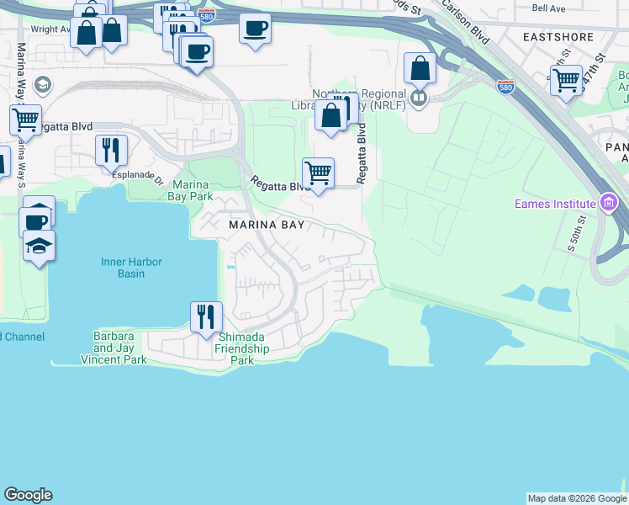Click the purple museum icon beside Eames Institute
tap(609, 202)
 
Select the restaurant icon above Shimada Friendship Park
tap(206, 317)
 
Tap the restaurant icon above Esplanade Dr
tap(111, 151)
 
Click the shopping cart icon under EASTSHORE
tap(567, 81)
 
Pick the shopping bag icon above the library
tap(420, 68)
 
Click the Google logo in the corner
tap(28, 495)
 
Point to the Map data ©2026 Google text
tap(576, 498)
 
